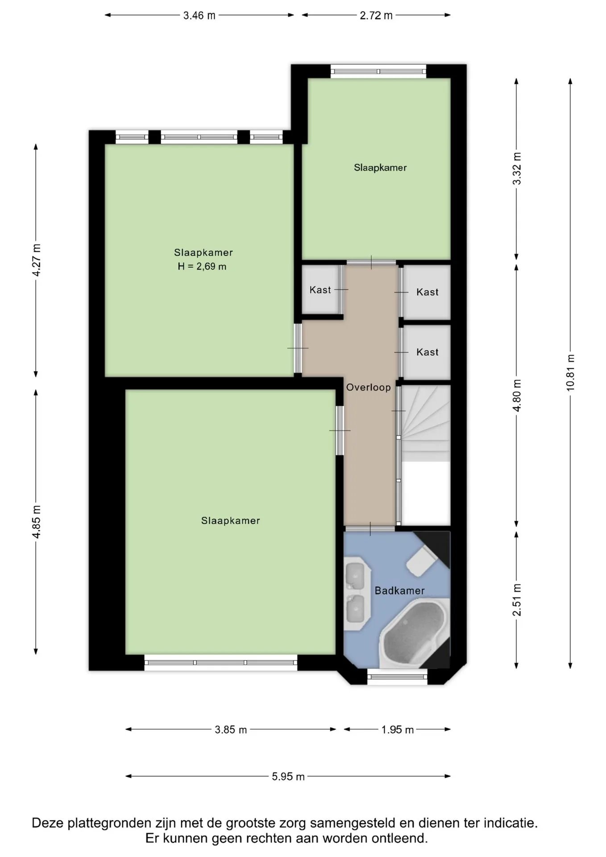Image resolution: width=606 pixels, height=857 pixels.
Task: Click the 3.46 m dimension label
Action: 199,16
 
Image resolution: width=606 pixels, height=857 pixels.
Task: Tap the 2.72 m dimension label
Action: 376,16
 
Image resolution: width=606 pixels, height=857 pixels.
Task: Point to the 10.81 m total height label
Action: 570,373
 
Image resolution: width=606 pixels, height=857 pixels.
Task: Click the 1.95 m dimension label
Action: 397,730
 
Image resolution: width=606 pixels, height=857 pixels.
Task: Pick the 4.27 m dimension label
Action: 37,260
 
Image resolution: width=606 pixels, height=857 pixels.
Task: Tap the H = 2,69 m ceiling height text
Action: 202,267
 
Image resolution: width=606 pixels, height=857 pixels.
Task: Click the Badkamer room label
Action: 399,591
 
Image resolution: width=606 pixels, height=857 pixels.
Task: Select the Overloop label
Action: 369,387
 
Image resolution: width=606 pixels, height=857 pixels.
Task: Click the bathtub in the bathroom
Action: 414,634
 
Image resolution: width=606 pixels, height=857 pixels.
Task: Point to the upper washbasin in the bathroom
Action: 356,574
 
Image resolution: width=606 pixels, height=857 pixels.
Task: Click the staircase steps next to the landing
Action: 425,423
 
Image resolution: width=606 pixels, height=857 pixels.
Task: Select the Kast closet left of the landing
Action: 320,290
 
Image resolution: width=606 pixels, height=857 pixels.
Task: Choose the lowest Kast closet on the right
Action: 427,352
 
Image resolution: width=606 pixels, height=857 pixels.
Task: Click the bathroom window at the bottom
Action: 397,677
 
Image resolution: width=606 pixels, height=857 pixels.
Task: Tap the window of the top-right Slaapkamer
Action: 378,71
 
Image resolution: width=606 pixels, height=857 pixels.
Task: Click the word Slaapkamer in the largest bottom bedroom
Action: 230,521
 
